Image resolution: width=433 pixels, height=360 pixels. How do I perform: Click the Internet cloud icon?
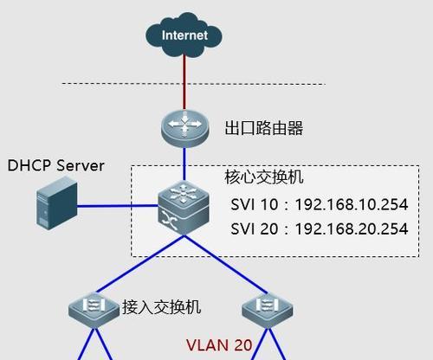pos(184,35)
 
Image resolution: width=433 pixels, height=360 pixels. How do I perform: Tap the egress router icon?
pos(185,128)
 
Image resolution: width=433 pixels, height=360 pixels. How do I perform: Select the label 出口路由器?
pos(264,128)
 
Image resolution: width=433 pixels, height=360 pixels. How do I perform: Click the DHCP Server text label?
pos(55,165)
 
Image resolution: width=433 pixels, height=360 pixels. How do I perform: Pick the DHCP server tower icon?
pos(57,203)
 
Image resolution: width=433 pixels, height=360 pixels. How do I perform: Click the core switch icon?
pos(184,208)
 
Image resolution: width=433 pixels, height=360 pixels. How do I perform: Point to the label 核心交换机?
pos(264,177)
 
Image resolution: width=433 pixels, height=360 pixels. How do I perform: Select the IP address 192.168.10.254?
pos(352,204)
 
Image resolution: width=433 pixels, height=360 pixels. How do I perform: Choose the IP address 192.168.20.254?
pos(352,228)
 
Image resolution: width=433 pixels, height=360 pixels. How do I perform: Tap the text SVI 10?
pos(255,204)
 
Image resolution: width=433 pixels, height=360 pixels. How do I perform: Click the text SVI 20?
pos(255,228)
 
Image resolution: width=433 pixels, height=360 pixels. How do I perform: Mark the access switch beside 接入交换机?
pos(94,311)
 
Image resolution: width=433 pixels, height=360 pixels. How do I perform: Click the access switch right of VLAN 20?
pos(268,311)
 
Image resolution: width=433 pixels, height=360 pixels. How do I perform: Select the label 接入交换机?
pos(161,307)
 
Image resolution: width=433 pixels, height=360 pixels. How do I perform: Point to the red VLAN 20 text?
pos(219,345)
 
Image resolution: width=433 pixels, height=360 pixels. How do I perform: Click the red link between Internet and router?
pos(184,83)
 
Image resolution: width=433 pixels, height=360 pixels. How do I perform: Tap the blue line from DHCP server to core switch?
pos(118,206)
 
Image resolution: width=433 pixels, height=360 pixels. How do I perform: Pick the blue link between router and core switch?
pos(184,164)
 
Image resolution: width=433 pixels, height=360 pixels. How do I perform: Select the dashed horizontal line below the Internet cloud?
pos(193,84)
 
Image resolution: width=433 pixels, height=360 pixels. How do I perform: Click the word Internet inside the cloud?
pos(184,35)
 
